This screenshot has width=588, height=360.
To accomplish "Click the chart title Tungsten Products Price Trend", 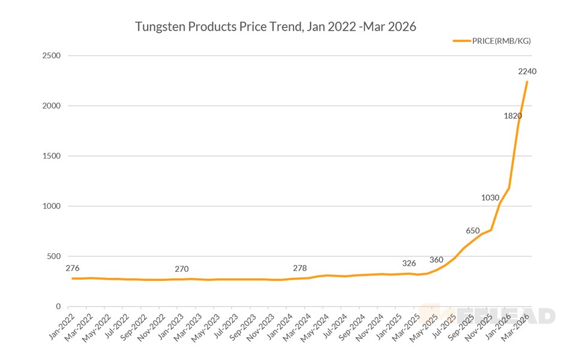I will click(x=275, y=27).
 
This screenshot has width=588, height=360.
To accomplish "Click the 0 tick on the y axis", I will click(x=58, y=307).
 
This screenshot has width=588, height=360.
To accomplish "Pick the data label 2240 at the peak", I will click(x=527, y=71).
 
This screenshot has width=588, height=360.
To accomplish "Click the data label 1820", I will click(x=512, y=116).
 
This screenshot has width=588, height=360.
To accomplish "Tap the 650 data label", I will click(x=473, y=231).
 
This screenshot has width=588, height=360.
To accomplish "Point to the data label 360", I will click(x=436, y=260).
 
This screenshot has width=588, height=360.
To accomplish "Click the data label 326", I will click(x=409, y=263).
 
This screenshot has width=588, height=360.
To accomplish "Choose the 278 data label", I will click(x=300, y=268).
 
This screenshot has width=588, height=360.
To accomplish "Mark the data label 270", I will click(x=182, y=269).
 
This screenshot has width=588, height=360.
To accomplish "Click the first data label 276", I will click(x=73, y=268).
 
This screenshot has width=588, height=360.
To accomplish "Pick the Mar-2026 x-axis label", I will click(x=520, y=325).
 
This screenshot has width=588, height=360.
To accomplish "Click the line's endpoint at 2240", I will click(x=527, y=82).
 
